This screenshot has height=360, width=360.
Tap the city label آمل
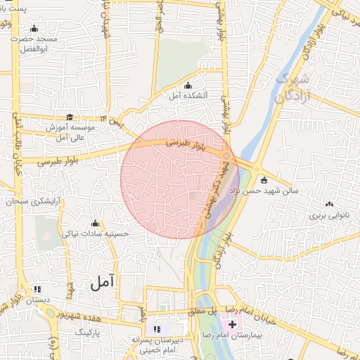click(103, 283)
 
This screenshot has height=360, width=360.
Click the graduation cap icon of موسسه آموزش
click(69, 117)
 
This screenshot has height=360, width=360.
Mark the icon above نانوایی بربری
click(329, 205)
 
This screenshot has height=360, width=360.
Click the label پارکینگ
click(89, 329)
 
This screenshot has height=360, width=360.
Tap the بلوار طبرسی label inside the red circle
click(184, 143)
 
